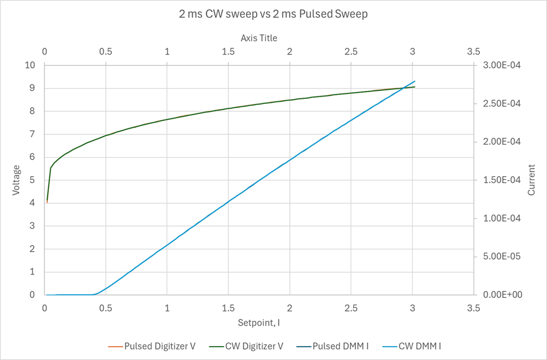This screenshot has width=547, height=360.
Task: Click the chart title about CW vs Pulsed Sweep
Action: (273, 15)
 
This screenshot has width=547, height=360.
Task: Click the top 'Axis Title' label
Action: (259, 38)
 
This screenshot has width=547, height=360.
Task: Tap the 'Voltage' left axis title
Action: (16, 179)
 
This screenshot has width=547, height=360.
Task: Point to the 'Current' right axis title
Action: (531, 179)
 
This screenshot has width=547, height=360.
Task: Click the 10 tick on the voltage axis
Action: (31, 65)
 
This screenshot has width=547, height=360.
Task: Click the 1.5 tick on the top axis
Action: (228, 52)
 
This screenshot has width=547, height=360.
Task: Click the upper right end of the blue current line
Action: (414, 81)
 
